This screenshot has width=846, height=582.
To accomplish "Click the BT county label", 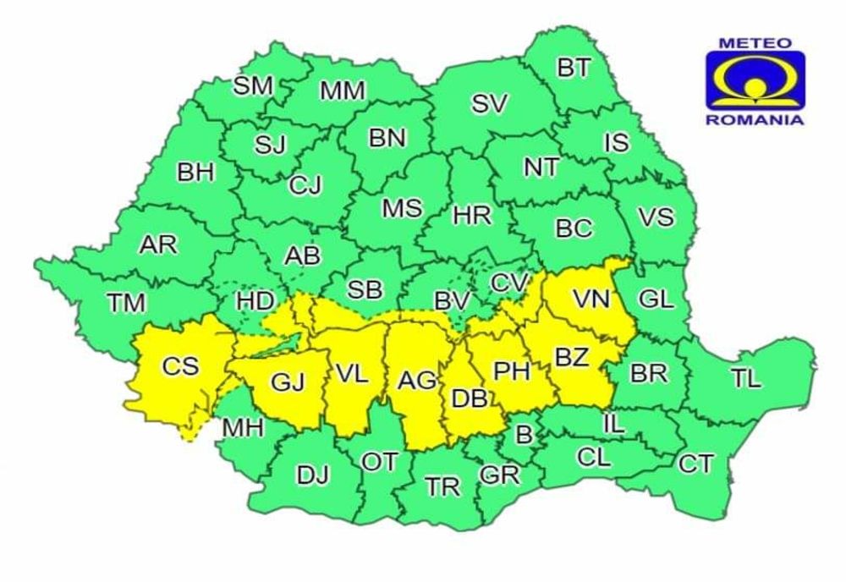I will (x=574, y=69).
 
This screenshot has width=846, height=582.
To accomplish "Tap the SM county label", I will (x=253, y=85).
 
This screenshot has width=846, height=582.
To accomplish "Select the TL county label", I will (x=746, y=379).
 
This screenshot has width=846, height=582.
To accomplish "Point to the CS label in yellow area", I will (x=180, y=366).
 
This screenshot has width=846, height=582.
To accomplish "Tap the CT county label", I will (x=695, y=464).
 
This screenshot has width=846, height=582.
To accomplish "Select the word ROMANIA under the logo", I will (x=755, y=120).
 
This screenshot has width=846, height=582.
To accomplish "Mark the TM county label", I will (x=126, y=302).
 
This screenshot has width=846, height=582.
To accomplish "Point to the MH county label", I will (x=243, y=429).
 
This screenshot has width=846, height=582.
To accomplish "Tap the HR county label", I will (x=472, y=216).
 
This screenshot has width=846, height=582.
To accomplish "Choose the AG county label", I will (x=418, y=382).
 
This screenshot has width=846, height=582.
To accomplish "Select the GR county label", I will (x=499, y=475).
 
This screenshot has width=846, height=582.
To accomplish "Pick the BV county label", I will (x=453, y=301).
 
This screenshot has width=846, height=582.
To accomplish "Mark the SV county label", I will (x=489, y=104).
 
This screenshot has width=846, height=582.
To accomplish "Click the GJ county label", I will (x=287, y=382).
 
